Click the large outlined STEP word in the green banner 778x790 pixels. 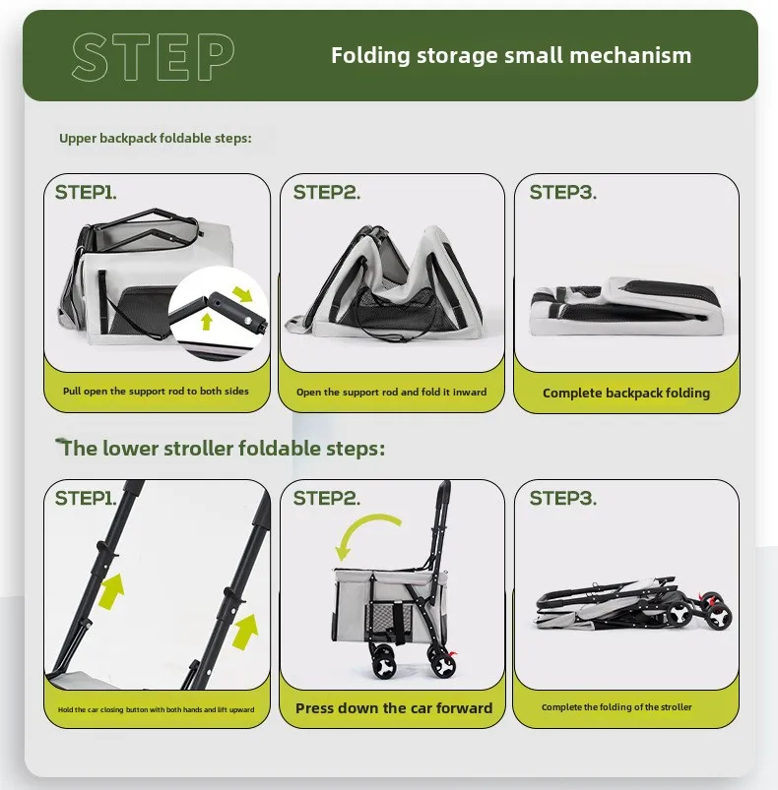pos(154,57)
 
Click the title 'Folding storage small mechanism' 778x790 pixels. pos(511,55)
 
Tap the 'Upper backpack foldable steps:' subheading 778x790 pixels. pos(156,138)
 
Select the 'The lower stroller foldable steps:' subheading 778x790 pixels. pos(223,448)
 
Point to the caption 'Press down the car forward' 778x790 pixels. pos(394,708)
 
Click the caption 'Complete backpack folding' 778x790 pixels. pos(626,393)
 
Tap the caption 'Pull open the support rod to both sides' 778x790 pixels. pos(156,391)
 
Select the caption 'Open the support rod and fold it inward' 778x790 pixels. pos(391,392)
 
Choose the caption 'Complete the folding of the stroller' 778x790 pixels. pos(616,707)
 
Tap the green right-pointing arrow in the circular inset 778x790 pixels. pos(242,294)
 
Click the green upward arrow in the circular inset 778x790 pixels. pos(206,322)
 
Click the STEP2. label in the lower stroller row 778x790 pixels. pos(327,498)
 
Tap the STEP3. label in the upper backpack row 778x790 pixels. pos(562,192)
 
